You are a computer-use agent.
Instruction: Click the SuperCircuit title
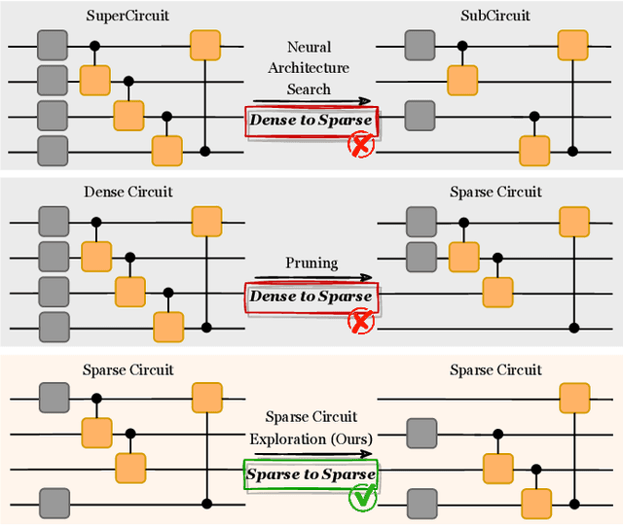coord(128,17)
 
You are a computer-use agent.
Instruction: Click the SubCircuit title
coord(495,17)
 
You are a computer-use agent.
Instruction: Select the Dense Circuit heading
coord(128,192)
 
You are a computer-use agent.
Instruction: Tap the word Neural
coord(309,47)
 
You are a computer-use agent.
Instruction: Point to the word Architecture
coord(309,68)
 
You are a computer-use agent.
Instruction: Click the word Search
coord(309,89)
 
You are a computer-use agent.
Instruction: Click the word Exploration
coord(287,438)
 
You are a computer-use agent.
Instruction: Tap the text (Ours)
coord(348,438)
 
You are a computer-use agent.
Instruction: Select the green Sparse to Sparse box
coord(310,474)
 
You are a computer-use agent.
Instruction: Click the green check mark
coord(362,499)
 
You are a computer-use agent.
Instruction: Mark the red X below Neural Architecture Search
coord(362,147)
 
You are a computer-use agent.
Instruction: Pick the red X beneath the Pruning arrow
coord(362,321)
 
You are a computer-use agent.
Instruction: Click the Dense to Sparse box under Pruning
coord(310,296)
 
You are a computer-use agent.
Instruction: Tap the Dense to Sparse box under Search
coord(310,122)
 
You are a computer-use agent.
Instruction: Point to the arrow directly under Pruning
coord(309,278)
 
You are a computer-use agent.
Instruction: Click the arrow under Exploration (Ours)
coord(309,453)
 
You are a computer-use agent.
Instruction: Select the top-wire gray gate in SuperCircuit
coord(53,45)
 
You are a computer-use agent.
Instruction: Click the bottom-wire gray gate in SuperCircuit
coord(53,151)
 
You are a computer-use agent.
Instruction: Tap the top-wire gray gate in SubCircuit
coord(420,45)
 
